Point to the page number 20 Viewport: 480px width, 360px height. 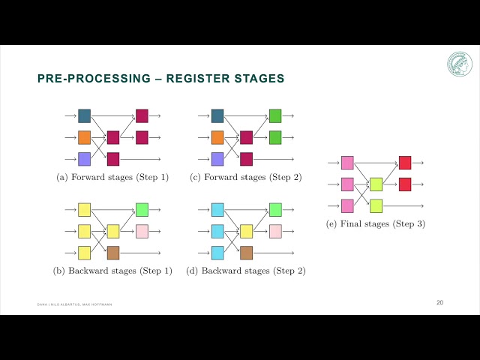(439, 302)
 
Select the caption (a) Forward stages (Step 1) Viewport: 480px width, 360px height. (112, 178)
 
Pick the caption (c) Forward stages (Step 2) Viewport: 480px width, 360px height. (246, 178)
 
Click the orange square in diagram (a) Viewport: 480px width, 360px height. (84, 137)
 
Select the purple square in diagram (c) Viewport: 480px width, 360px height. (217, 159)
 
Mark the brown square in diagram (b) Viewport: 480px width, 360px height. (113, 253)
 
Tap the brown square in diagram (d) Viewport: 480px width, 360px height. (246, 253)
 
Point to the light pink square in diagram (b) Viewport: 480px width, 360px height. (142, 231)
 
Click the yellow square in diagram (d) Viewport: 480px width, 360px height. (246, 231)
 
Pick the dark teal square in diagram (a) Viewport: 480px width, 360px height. (84, 115)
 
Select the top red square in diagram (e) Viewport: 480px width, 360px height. (405, 163)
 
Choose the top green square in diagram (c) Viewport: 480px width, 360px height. (275, 115)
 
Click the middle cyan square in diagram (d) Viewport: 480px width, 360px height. (217, 231)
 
